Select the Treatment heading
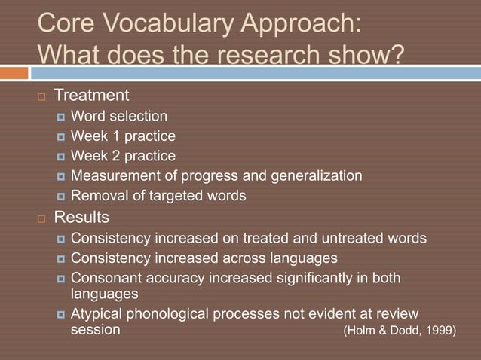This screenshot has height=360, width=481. [91, 96]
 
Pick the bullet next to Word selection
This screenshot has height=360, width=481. [60, 117]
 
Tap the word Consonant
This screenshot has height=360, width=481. [105, 278]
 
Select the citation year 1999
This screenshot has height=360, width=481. [439, 331]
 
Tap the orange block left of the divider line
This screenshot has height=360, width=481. [14, 73]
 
